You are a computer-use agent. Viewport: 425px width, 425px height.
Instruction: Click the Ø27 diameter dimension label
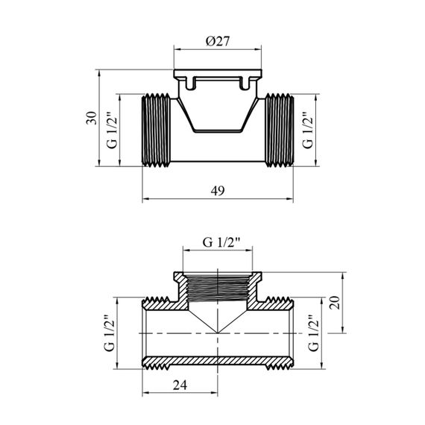218,41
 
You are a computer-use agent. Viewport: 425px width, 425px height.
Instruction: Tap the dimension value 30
92,118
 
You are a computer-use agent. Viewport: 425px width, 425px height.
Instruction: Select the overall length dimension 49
218,191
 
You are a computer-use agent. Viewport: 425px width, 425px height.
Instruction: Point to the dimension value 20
334,303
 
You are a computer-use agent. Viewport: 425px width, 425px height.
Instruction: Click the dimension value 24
180,385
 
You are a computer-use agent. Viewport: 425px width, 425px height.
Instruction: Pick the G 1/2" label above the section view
221,242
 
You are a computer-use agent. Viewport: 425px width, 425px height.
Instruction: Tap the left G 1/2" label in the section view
110,333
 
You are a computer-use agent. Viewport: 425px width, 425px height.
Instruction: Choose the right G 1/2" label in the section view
313,333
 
